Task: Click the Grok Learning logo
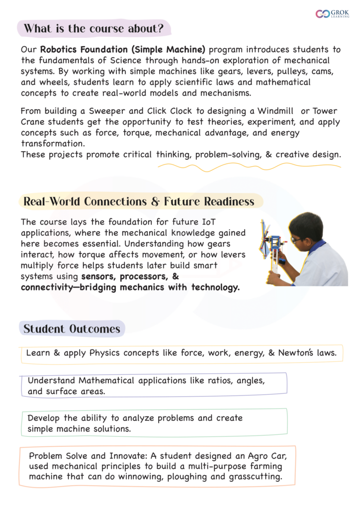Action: [x=332, y=14]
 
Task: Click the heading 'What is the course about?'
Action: [x=93, y=28]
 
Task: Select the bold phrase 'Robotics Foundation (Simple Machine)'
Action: [x=123, y=50]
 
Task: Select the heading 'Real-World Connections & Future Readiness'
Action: [x=139, y=201]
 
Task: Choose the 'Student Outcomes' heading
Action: [x=72, y=329]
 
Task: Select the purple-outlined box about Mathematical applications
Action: [x=154, y=386]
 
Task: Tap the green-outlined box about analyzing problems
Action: [x=154, y=423]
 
